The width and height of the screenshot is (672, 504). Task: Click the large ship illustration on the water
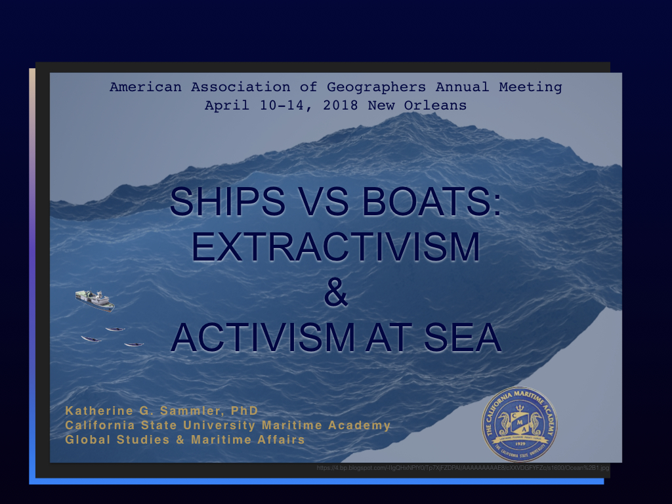click(x=94, y=300)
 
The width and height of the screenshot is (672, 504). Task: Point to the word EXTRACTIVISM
click(x=335, y=247)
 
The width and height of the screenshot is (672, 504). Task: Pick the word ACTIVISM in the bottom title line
click(x=262, y=337)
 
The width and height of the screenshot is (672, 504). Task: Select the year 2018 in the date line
click(x=341, y=105)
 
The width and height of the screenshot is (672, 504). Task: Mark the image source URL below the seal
click(x=463, y=468)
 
